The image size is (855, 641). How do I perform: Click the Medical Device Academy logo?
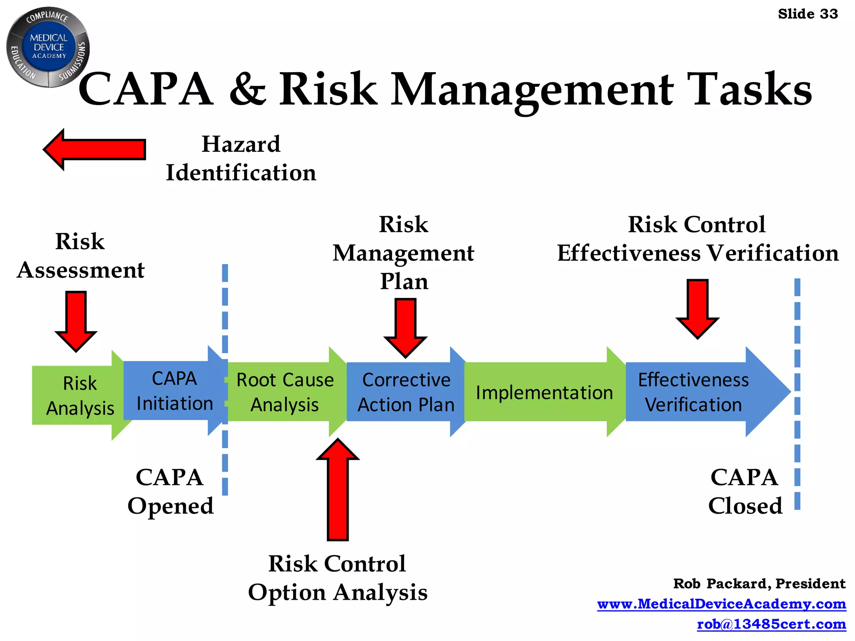(x=48, y=47)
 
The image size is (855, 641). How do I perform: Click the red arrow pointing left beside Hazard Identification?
(x=95, y=149)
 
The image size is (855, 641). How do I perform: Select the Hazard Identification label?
(x=241, y=159)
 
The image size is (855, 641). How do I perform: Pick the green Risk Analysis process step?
(x=79, y=395)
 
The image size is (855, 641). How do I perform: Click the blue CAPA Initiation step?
(x=174, y=391)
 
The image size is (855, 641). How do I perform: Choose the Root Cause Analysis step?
(x=285, y=392)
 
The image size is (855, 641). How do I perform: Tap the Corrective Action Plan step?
(x=406, y=392)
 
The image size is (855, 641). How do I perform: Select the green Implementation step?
(x=544, y=392)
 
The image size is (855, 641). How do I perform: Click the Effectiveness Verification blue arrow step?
(x=693, y=392)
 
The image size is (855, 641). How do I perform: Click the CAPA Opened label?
(x=170, y=492)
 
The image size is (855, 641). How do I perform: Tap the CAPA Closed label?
(x=745, y=492)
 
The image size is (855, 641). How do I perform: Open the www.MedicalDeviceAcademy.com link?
(x=721, y=604)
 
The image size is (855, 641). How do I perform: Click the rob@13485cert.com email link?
(x=771, y=624)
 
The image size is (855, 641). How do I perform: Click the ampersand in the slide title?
(x=248, y=89)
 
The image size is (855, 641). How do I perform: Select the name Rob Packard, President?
(x=759, y=583)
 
